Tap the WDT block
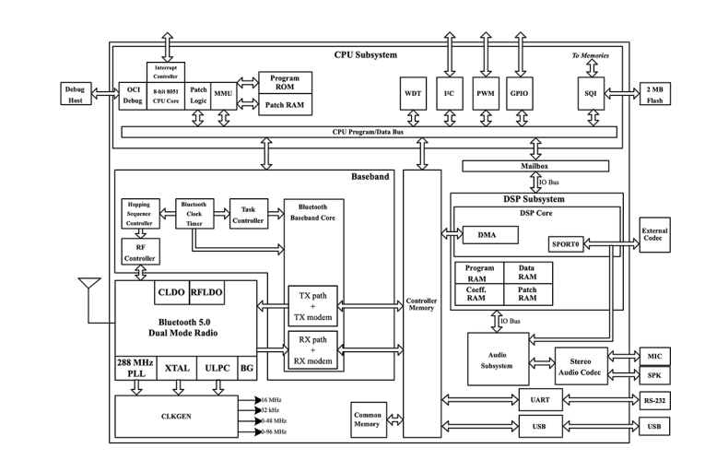[412, 94]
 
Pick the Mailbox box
[535, 166]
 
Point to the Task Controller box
[248, 213]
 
